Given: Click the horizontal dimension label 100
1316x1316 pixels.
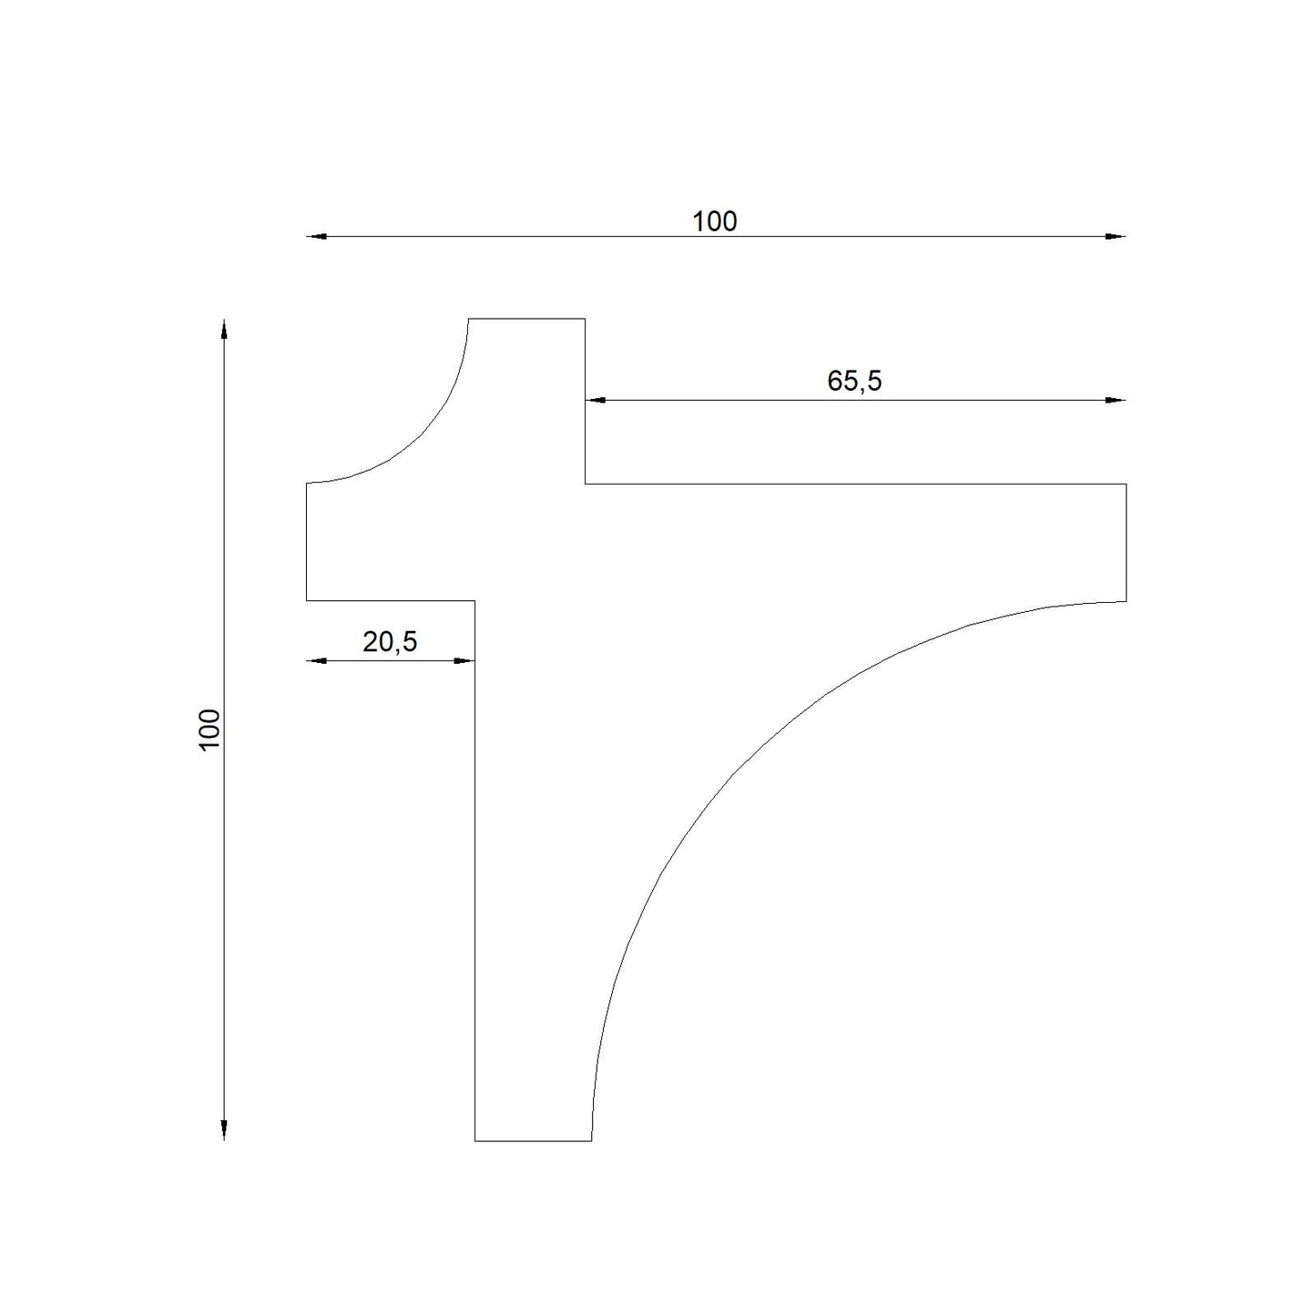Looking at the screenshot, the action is pos(714,222).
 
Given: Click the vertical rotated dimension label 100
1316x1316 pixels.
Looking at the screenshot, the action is pos(209,730).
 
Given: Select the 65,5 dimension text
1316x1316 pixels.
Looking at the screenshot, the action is pos(853,381).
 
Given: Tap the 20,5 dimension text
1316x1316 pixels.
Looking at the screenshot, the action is pos(389,642).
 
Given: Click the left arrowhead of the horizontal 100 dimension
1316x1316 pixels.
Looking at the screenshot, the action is pos(316,236).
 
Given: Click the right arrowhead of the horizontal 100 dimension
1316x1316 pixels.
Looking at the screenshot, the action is pos(1116,236).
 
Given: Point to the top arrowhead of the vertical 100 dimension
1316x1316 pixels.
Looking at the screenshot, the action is pos(224,329).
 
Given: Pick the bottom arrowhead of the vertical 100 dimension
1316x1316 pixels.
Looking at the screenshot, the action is pos(224,1129).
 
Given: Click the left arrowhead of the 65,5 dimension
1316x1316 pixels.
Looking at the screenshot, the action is pos(596,400).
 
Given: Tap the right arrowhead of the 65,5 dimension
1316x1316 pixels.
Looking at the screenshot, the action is pos(1116,400).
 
